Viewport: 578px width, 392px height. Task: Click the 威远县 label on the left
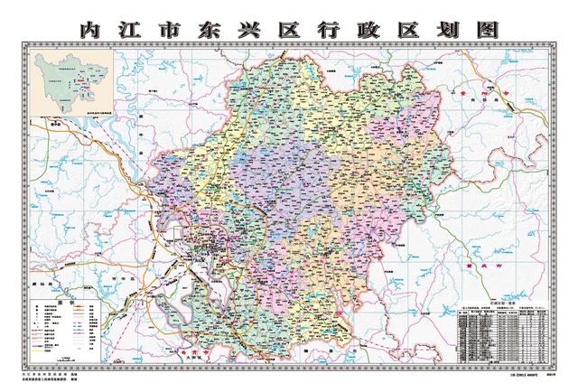coord(49,259)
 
